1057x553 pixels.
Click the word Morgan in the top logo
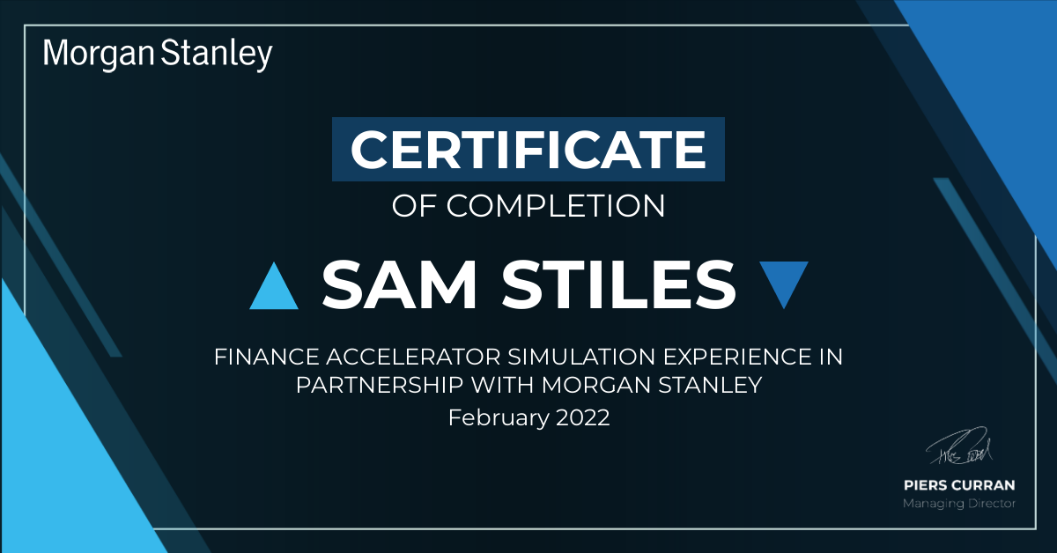click(99, 55)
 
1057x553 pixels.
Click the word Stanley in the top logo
click(217, 55)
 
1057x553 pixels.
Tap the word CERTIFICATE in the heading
click(528, 149)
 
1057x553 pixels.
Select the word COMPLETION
click(556, 206)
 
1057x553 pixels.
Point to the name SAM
click(399, 284)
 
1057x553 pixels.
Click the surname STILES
click(618, 284)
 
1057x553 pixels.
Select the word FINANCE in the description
click(267, 357)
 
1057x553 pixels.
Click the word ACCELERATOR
click(413, 357)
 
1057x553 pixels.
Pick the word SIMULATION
click(581, 357)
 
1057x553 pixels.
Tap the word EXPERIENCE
click(737, 357)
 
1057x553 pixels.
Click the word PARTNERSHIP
click(380, 385)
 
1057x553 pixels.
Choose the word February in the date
click(499, 418)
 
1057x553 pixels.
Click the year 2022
click(583, 418)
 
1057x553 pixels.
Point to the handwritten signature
click(959, 446)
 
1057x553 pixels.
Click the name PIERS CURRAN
click(959, 485)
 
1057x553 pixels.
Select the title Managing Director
click(959, 504)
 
